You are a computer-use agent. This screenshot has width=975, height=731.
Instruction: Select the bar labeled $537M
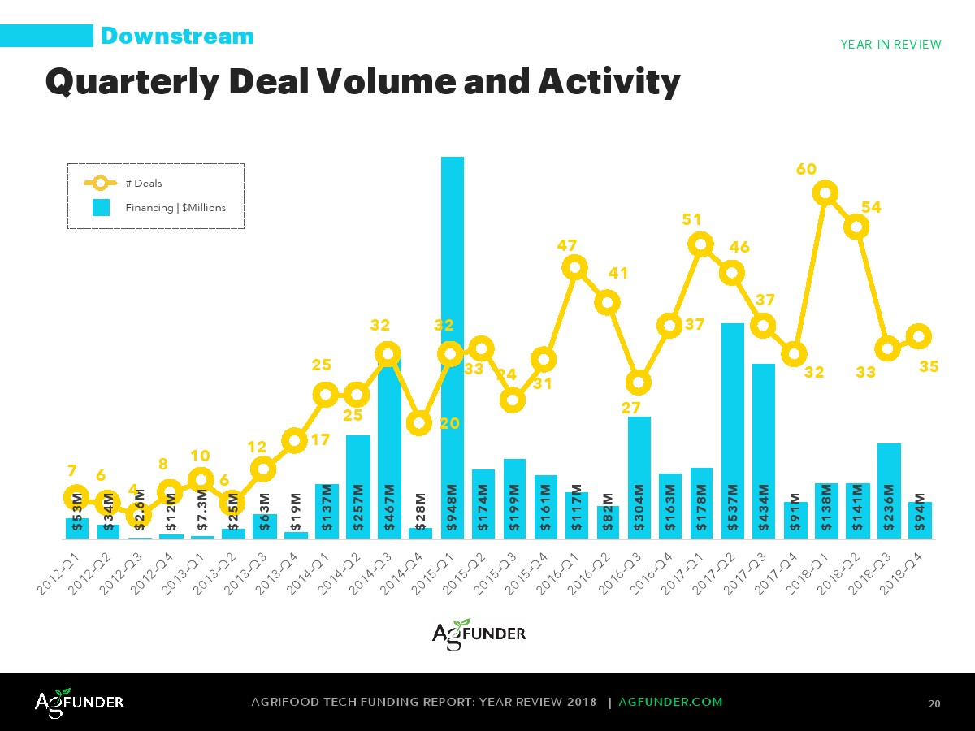pyautogui.click(x=733, y=430)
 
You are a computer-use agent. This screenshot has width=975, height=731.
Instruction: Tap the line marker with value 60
pyautogui.click(x=825, y=193)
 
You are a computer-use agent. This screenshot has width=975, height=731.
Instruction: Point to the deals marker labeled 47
pyautogui.click(x=575, y=267)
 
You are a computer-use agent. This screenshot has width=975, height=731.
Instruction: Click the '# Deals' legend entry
pyautogui.click(x=143, y=184)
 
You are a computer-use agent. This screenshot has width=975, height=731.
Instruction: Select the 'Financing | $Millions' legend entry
pyautogui.click(x=175, y=208)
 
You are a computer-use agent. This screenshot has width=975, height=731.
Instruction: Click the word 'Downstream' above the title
pyautogui.click(x=177, y=37)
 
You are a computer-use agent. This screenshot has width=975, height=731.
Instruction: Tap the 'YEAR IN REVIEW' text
pyautogui.click(x=890, y=45)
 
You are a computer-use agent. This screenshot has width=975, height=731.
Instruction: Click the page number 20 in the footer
pyautogui.click(x=934, y=703)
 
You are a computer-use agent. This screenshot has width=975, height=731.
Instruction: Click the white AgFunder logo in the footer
pyautogui.click(x=79, y=702)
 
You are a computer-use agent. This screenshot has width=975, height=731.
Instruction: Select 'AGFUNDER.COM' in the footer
pyautogui.click(x=670, y=702)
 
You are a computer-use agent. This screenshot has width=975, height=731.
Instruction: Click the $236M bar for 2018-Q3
pyautogui.click(x=889, y=491)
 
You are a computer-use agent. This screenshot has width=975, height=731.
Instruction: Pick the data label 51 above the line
pyautogui.click(x=691, y=219)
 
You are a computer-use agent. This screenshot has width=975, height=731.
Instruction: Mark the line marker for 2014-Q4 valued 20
pyautogui.click(x=419, y=422)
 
